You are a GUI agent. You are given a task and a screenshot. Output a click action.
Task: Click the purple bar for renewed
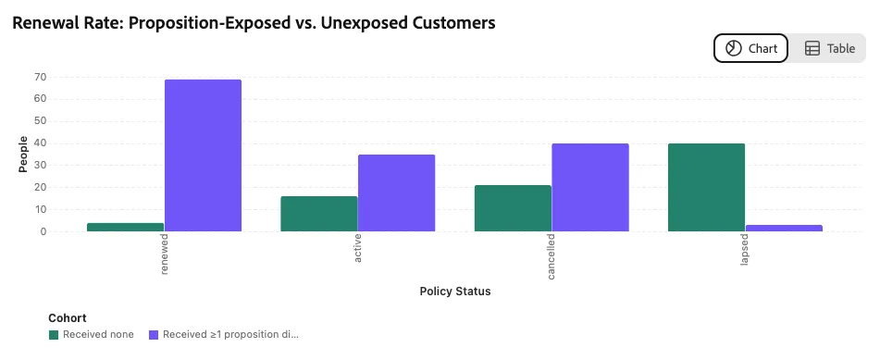[203, 155]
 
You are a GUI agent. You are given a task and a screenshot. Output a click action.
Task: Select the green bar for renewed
[125, 227]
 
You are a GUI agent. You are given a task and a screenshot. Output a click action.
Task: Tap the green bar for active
[318, 214]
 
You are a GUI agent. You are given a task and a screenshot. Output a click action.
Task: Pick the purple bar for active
[396, 192]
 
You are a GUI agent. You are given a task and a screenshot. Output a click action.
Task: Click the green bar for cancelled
[513, 208]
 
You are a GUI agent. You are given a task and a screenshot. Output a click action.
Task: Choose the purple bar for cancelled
[590, 188]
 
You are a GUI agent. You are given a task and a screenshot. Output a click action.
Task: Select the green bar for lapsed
[707, 188]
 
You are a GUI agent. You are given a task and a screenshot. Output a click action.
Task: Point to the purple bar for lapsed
[784, 228]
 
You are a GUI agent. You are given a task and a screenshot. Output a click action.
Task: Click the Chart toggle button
[751, 48]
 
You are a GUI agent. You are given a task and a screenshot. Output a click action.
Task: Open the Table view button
[829, 48]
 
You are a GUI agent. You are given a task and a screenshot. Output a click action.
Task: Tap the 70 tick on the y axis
[39, 77]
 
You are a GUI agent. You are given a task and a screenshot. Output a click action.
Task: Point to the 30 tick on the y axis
[39, 165]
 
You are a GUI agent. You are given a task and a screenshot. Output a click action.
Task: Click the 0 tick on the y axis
[43, 231]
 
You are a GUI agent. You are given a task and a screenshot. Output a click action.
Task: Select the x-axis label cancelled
[552, 257]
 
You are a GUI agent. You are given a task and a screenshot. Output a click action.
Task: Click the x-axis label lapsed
[745, 250]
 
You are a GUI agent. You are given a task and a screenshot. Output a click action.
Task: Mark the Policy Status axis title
[455, 291]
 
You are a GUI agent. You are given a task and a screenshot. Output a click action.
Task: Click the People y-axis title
[23, 154]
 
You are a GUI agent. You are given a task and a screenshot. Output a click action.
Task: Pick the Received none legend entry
[92, 335]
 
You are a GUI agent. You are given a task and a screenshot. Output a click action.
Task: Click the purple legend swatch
[154, 335]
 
